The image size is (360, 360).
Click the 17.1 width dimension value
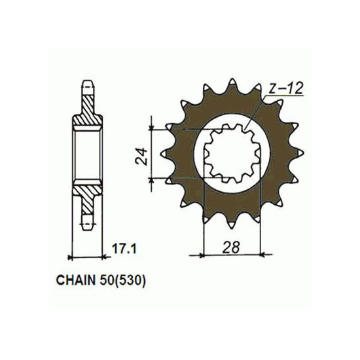coord(124,249)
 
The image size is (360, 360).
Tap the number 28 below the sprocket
coord(231,247)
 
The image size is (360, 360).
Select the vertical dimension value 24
coord(141,156)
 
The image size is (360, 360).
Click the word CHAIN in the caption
coord(76,281)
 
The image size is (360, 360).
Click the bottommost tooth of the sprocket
coord(232,223)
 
